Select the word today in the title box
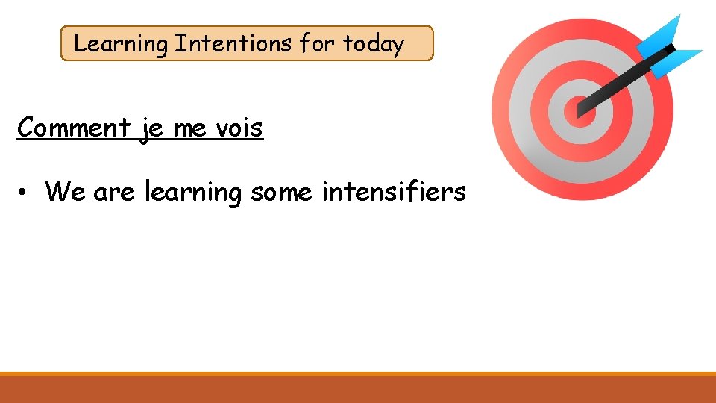[373, 44]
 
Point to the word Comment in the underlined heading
[73, 128]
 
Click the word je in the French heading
[151, 128]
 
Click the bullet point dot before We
[25, 193]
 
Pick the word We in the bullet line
[65, 192]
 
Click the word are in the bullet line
[114, 193]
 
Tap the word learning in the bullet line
[193, 193]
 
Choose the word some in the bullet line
[283, 193]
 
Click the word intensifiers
[393, 192]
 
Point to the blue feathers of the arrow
[675, 46]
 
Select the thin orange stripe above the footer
[358, 373]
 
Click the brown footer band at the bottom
[358, 390]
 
